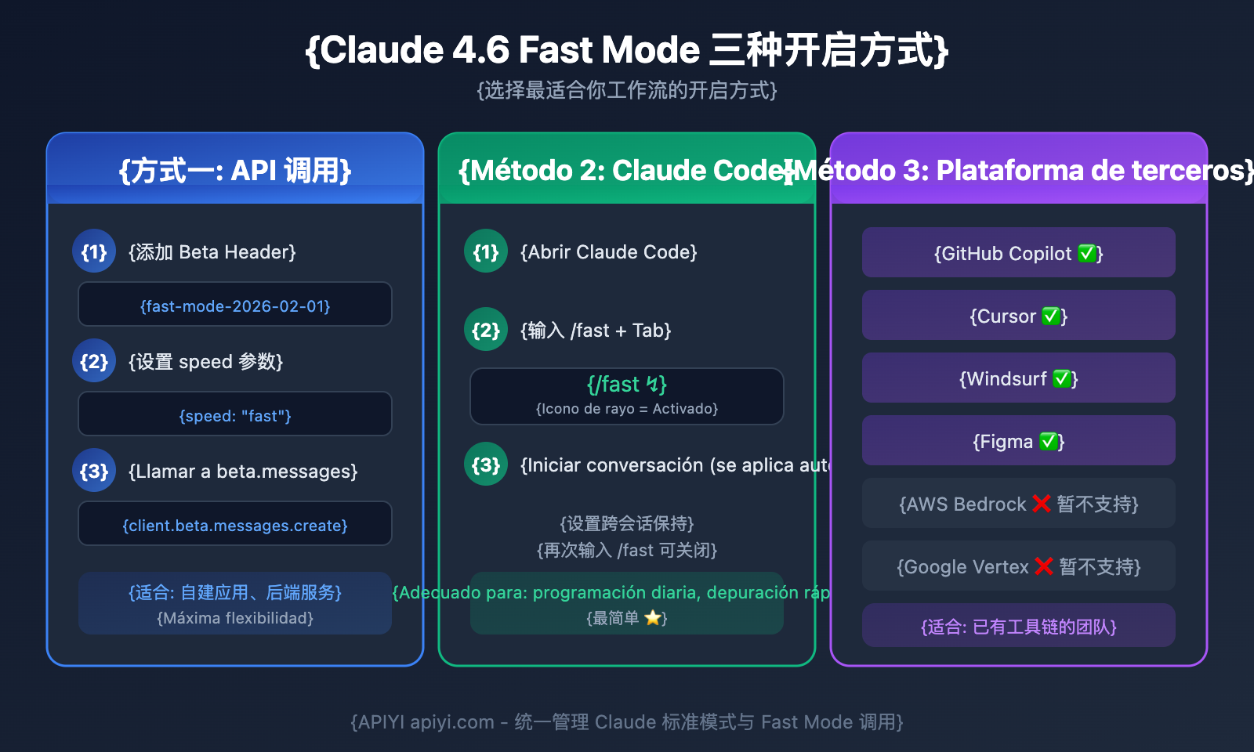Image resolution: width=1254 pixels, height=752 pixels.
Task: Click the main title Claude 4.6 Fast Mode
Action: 627,50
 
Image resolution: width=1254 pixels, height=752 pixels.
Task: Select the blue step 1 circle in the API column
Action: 94,251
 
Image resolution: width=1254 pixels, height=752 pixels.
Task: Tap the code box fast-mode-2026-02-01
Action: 235,305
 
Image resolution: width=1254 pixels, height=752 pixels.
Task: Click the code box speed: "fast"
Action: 235,414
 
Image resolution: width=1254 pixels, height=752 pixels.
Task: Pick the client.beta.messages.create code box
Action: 235,524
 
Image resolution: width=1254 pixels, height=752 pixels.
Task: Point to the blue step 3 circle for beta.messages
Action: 94,471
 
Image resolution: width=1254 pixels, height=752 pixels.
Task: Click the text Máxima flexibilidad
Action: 235,618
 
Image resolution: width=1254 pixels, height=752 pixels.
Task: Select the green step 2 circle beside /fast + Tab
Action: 486,330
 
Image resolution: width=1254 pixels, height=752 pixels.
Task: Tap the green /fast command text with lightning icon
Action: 627,385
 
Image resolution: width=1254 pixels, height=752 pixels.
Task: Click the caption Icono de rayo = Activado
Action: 627,409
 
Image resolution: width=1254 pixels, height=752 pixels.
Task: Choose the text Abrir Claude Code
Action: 609,252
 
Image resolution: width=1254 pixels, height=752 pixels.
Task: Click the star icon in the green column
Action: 652,618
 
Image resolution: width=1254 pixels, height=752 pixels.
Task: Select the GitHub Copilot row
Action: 1019,253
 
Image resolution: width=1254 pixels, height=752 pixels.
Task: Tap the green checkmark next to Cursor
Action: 1050,316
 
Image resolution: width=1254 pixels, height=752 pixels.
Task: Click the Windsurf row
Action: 1019,378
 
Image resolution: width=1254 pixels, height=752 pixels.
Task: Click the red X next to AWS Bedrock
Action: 1041,504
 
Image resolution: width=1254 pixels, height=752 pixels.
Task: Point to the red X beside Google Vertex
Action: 1043,566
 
